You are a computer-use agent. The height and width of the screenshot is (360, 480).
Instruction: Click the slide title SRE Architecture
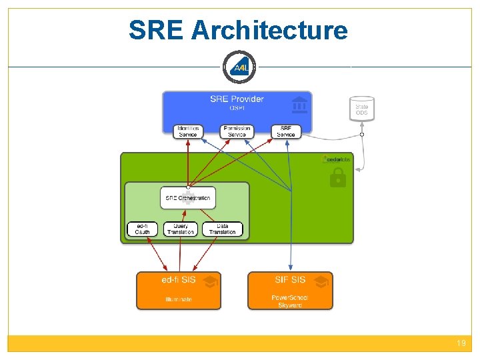[x=238, y=30]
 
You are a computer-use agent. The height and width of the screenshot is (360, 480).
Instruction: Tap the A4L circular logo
[x=239, y=67]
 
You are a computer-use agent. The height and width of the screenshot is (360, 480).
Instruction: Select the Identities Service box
[x=188, y=131]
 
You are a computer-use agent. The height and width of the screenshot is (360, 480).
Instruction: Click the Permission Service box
[x=237, y=131]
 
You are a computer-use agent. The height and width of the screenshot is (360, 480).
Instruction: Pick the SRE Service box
[x=286, y=131]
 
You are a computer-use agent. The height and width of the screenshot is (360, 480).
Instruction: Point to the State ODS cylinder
[x=361, y=109]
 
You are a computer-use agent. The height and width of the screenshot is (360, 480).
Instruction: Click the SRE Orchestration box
[x=188, y=197]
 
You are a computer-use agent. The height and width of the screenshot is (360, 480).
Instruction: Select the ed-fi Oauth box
[x=143, y=229]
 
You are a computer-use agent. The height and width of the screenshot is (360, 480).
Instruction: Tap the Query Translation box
[x=181, y=229]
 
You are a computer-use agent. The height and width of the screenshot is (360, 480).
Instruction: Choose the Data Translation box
[x=223, y=229]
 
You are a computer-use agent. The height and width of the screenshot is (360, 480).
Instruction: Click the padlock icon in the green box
[x=338, y=177]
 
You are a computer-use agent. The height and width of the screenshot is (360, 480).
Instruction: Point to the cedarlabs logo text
[x=339, y=159]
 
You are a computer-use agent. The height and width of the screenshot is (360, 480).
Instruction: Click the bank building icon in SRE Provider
[x=299, y=105]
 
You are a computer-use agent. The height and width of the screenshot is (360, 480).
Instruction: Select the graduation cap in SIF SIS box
[x=321, y=282]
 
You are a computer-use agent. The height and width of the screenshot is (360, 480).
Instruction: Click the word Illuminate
[x=179, y=299]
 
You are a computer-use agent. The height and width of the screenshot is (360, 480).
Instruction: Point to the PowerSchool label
[x=290, y=297]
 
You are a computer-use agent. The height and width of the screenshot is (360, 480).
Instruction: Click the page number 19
[x=461, y=343]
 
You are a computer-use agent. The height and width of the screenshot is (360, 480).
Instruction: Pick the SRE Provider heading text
[x=237, y=99]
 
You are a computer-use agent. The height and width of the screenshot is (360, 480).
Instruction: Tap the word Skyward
[x=290, y=305]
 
